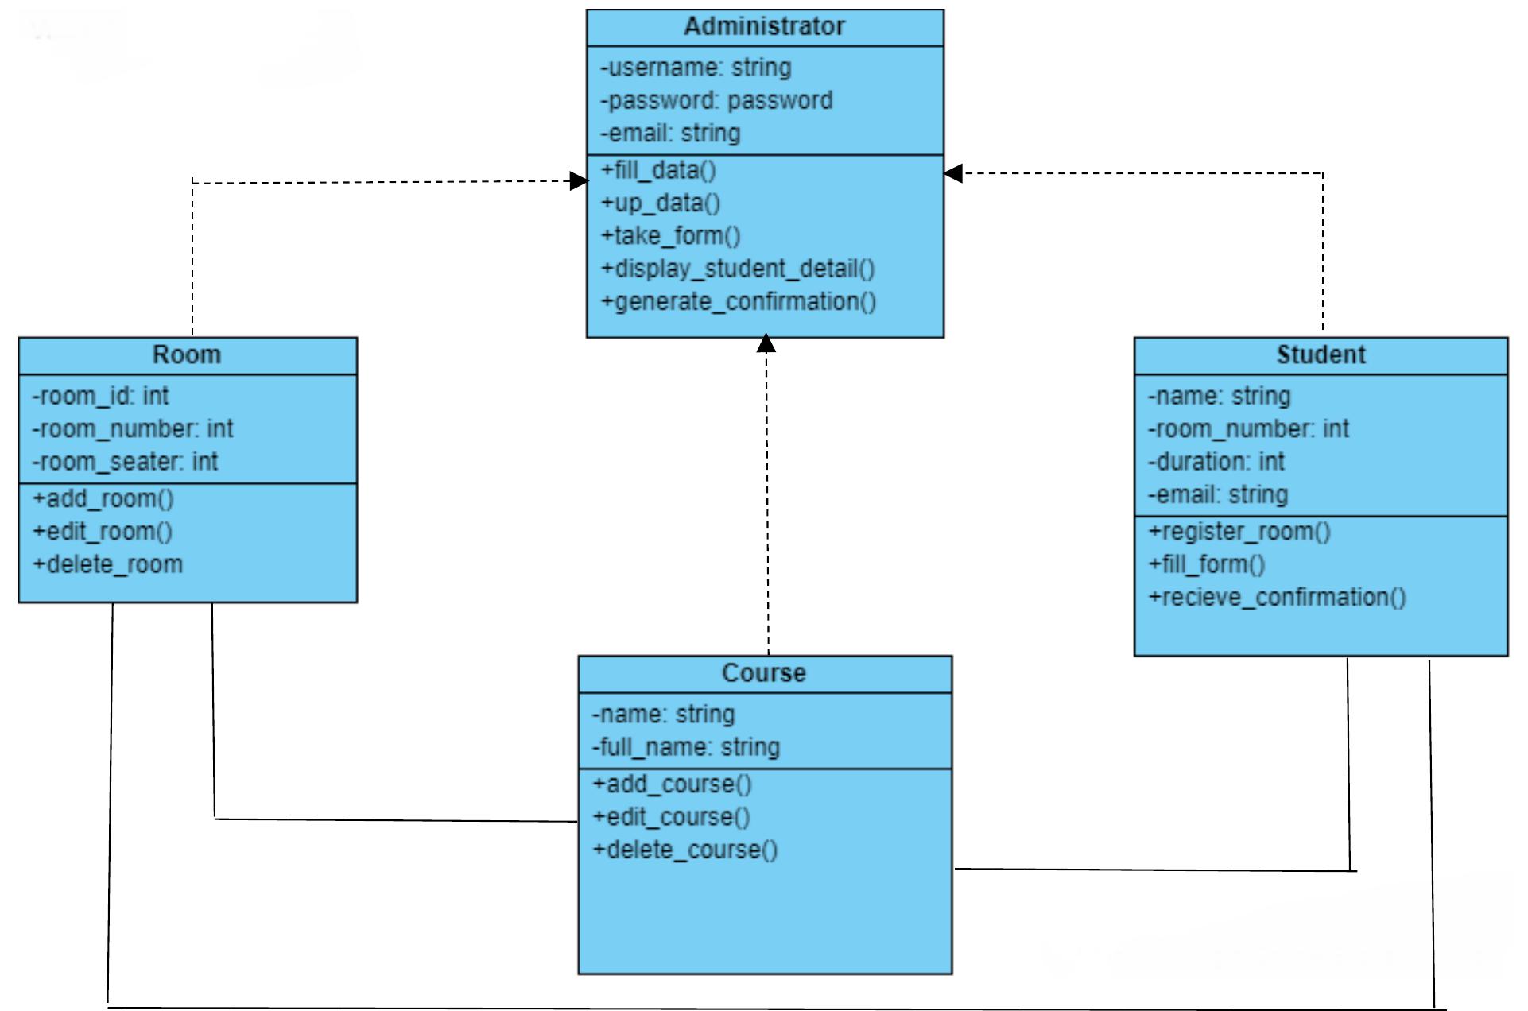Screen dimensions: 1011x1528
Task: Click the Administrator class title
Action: click(x=764, y=27)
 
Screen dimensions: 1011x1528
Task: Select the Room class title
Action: click(x=187, y=354)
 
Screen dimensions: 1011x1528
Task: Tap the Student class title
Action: click(x=1321, y=354)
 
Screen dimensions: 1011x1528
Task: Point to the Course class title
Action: click(x=764, y=673)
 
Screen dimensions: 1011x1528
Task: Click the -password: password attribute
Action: click(x=716, y=101)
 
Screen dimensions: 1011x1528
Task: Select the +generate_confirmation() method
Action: click(x=738, y=302)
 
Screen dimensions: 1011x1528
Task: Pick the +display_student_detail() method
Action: click(x=737, y=269)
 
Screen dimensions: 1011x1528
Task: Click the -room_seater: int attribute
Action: click(x=125, y=462)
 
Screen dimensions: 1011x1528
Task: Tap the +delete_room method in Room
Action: click(x=107, y=564)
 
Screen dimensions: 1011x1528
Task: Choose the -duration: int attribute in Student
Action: click(x=1216, y=462)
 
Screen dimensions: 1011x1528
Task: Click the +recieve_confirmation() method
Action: click(x=1277, y=597)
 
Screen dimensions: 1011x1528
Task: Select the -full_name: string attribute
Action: click(x=685, y=747)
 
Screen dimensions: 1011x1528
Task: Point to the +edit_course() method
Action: click(x=671, y=817)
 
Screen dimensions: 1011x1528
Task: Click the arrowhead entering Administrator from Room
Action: click(x=580, y=181)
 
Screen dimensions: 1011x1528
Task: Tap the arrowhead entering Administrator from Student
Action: click(x=953, y=173)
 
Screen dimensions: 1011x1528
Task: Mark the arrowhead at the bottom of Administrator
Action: click(x=766, y=343)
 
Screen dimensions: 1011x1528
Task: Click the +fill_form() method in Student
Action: click(x=1206, y=564)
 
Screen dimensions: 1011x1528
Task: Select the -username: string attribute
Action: click(x=696, y=68)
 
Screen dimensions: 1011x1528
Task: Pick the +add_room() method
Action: click(x=103, y=499)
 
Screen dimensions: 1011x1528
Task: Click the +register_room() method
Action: click(x=1239, y=532)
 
